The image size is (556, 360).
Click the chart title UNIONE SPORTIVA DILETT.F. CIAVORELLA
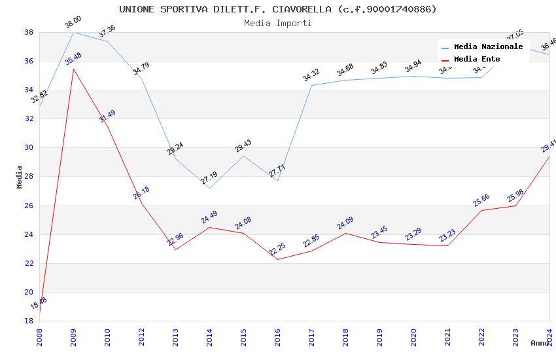[278, 9]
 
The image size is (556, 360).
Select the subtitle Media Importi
[278, 23]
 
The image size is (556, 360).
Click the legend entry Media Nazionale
[488, 47]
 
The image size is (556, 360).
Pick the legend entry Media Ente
[477, 60]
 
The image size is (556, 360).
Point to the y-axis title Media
[20, 177]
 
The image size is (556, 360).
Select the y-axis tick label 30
[29, 148]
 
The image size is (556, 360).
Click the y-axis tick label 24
[29, 234]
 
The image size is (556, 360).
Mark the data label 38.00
[73, 24]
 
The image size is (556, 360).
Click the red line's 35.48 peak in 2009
[73, 69]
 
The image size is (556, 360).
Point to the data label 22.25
[277, 249]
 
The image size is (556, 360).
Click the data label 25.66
[481, 200]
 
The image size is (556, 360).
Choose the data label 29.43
[243, 146]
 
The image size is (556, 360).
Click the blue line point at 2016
[277, 181]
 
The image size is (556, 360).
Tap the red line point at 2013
[175, 249]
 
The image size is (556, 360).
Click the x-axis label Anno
[540, 343]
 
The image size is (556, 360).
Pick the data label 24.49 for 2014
[209, 217]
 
